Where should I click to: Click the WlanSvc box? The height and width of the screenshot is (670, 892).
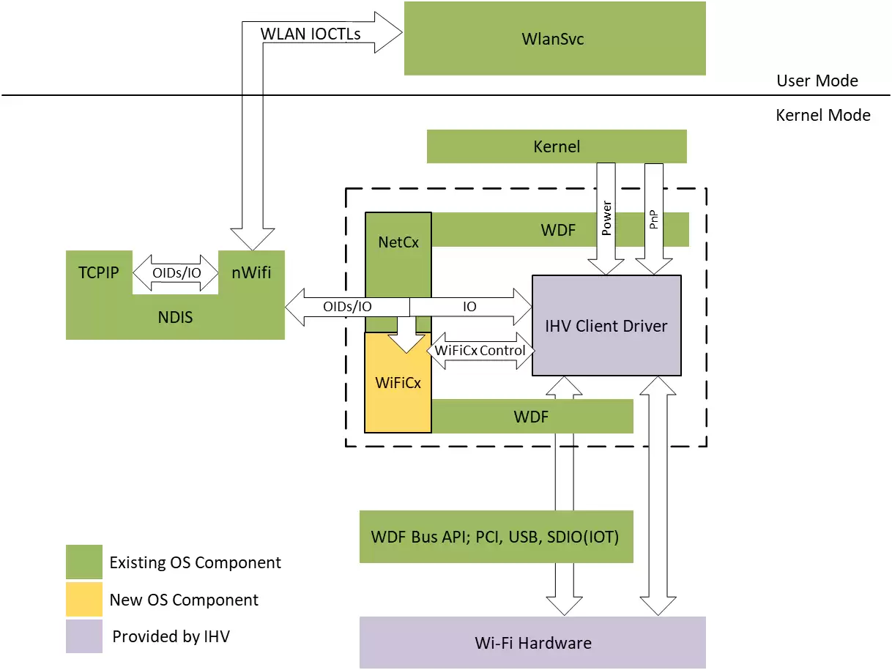[x=554, y=39]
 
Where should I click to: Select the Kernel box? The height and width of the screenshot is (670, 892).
[x=557, y=146]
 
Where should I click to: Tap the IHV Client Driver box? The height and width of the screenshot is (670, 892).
[x=606, y=326]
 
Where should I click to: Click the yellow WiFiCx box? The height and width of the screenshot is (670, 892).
[x=398, y=382]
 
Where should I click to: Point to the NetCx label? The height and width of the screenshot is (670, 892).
[x=399, y=241]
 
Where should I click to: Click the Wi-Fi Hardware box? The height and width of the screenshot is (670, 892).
[x=532, y=643]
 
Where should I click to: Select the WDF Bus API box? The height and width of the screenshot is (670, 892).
[x=496, y=537]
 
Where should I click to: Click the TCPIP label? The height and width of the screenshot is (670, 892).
[x=99, y=272]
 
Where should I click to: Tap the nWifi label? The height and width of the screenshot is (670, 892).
[x=251, y=272]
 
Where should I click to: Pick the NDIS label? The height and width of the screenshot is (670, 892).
[x=175, y=318]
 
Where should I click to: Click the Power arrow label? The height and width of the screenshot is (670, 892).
[x=606, y=218]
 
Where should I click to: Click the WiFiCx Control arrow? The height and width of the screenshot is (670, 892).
[x=480, y=350]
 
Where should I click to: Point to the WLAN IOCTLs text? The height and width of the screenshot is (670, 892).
[x=311, y=34]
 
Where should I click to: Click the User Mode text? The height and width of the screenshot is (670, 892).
[x=817, y=81]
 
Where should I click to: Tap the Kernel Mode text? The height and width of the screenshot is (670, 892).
[x=822, y=115]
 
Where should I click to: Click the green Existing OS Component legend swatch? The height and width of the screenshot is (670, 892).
[x=83, y=562]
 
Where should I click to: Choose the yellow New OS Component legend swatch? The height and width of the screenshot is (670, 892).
[x=83, y=600]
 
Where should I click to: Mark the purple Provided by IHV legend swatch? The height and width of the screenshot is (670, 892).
[x=83, y=636]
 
